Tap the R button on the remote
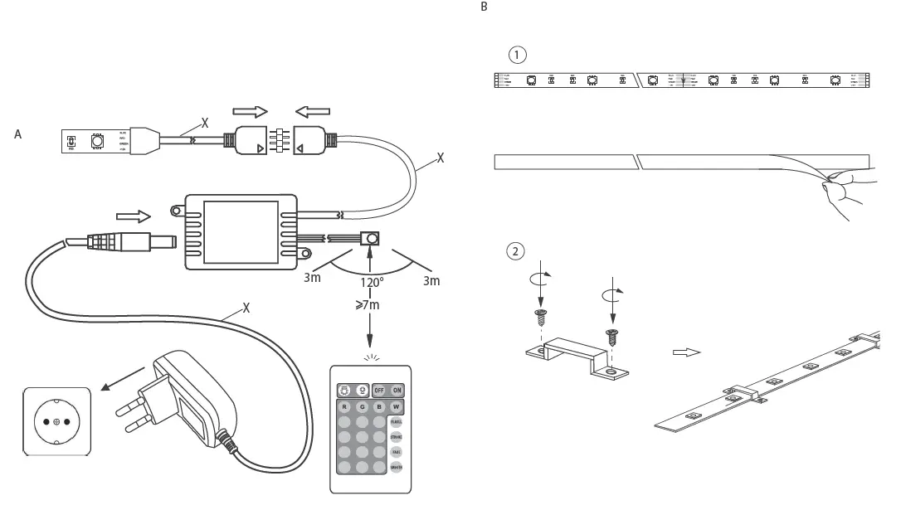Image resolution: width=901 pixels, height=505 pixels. pos(343,407)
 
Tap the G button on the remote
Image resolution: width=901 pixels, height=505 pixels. pos(362,407)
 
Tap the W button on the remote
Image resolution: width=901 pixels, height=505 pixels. pos(397,407)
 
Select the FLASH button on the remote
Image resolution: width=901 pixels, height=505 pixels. pos(397,422)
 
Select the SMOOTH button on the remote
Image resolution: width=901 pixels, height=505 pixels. pos(397,469)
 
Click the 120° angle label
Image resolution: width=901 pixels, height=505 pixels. pos(371,283)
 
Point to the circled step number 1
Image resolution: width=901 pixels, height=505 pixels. pos(518,55)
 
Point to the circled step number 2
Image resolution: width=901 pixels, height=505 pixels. pos(516,250)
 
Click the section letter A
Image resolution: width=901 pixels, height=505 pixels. pos(17,134)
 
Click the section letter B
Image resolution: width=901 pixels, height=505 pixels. pos(485,7)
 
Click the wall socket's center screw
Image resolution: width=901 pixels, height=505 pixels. pos(56,422)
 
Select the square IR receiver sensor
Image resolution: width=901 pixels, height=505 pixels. pos(370,239)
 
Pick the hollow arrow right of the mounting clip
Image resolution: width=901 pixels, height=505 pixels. pos(687,352)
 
